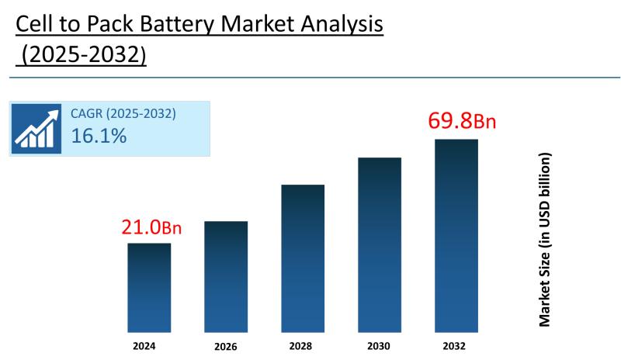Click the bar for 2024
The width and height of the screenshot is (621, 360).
[149, 287]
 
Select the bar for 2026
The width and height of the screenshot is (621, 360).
[226, 276]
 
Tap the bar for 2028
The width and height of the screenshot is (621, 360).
[303, 258]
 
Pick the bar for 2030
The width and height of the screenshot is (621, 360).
[380, 244]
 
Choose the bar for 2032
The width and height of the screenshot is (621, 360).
[456, 235]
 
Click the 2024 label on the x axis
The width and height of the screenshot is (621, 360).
[144, 345]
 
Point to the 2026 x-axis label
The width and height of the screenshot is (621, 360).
[226, 346]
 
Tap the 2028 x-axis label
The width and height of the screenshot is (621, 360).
[302, 345]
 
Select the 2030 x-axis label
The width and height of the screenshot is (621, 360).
[380, 345]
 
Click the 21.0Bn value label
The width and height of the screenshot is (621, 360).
[151, 227]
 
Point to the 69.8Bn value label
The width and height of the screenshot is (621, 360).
[462, 122]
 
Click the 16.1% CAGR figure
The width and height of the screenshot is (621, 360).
[99, 137]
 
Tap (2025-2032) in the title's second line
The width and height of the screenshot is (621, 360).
[83, 56]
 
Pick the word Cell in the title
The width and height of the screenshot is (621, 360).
[35, 25]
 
